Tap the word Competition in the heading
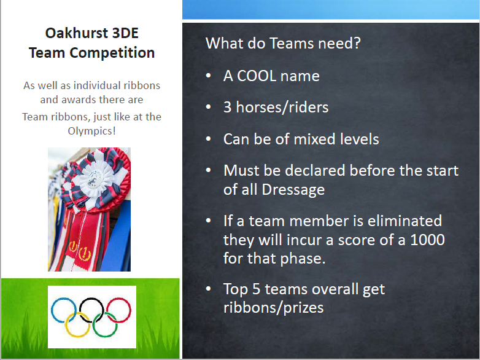point(112,53)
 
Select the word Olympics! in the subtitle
point(92,131)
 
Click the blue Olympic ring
point(64,310)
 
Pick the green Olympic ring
point(105,325)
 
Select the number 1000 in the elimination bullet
point(427,240)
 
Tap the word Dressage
point(293,190)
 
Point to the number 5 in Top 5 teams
point(256,289)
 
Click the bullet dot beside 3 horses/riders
point(209,107)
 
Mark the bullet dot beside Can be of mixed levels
point(209,139)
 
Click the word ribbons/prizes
point(273,308)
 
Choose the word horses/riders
point(282,108)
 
